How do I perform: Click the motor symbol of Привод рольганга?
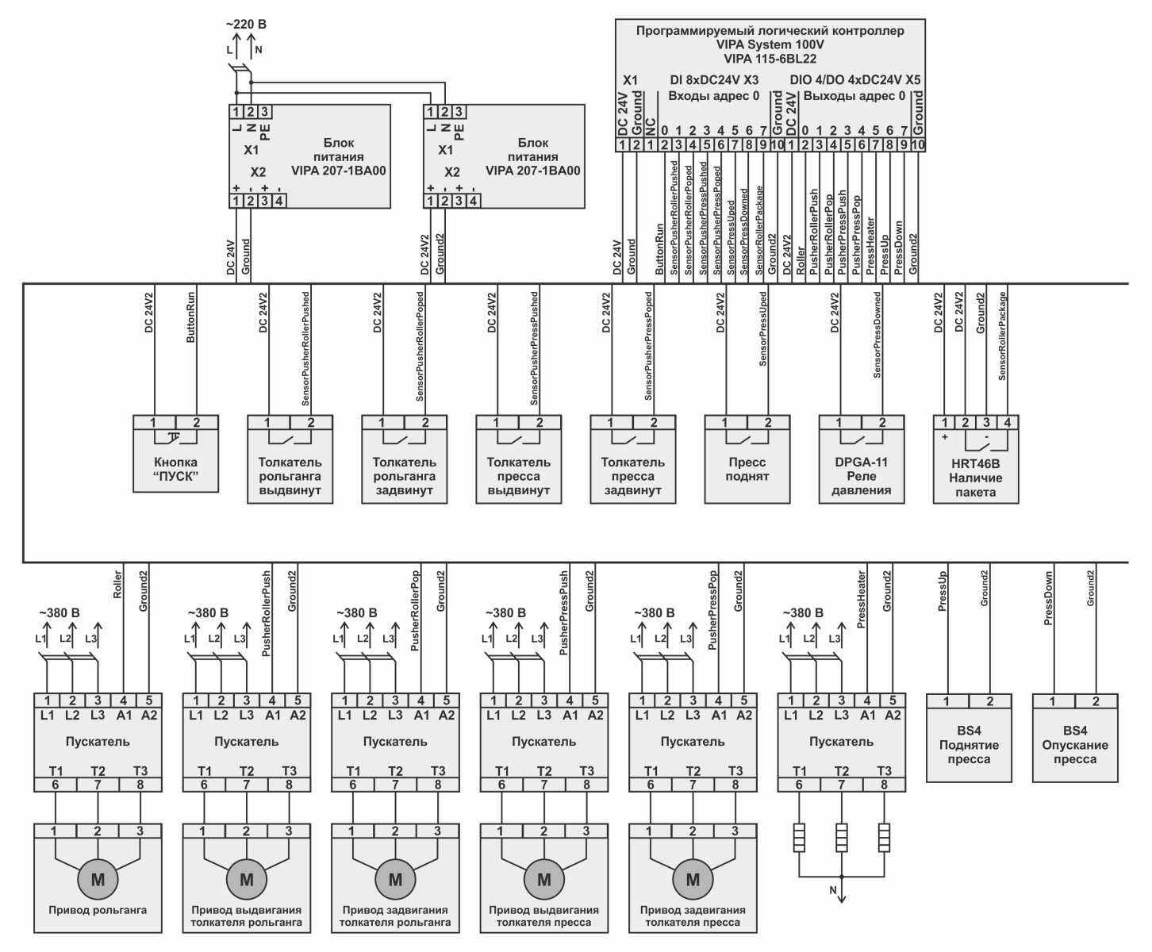click(97, 879)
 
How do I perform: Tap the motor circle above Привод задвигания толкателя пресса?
click(693, 879)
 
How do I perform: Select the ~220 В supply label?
click(246, 25)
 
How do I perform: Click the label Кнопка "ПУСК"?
click(175, 469)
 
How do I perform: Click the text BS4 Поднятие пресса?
click(968, 744)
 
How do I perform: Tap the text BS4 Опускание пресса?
click(1074, 744)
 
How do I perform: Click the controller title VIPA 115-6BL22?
click(770, 59)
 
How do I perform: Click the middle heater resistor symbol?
click(842, 838)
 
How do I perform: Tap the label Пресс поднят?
click(747, 469)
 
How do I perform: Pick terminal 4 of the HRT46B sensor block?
click(1007, 423)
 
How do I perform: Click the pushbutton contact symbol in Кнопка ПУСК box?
click(175, 437)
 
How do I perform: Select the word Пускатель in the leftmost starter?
click(98, 742)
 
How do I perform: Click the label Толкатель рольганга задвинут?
click(404, 476)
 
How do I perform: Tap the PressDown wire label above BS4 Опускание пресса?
click(1049, 598)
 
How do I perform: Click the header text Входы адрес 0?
click(713, 96)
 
